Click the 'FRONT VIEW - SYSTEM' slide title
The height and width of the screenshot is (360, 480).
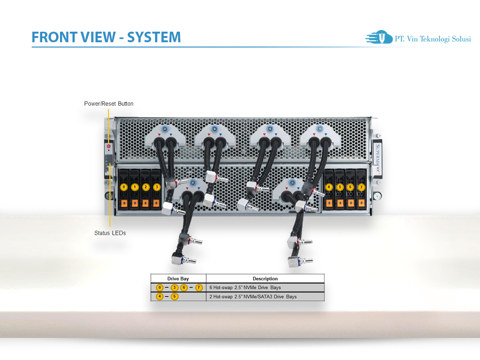106,37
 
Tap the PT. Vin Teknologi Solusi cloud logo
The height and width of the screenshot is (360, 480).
379,37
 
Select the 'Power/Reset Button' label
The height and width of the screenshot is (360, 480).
108,104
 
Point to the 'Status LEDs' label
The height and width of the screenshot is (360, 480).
110,233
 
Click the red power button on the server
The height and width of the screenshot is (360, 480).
108,146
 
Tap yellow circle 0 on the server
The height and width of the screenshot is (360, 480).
124,187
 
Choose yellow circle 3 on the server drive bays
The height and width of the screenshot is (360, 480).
157,187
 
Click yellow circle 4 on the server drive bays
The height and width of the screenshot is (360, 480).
329,187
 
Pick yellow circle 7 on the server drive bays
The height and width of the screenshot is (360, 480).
361,187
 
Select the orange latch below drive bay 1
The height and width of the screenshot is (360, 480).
135,203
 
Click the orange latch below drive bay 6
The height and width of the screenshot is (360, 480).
351,203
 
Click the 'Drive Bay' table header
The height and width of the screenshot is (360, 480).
178,278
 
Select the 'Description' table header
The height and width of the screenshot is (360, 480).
265,278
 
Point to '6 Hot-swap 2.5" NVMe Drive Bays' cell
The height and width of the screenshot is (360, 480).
245,288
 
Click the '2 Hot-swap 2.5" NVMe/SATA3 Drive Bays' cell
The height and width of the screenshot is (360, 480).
253,297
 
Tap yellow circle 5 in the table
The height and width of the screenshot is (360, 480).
175,296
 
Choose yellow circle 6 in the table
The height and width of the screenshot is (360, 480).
184,288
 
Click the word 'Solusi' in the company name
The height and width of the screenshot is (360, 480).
461,39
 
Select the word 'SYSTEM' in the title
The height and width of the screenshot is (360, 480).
154,37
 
